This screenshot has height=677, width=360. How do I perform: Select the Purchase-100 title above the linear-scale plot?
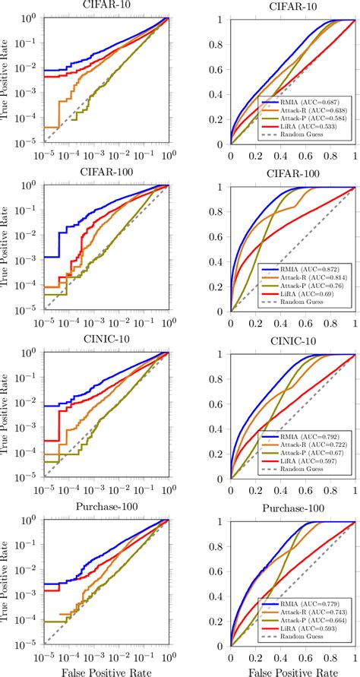(293, 509)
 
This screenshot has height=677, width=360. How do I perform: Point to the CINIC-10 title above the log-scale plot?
(106, 341)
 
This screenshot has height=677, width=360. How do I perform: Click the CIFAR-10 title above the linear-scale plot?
(293, 7)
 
